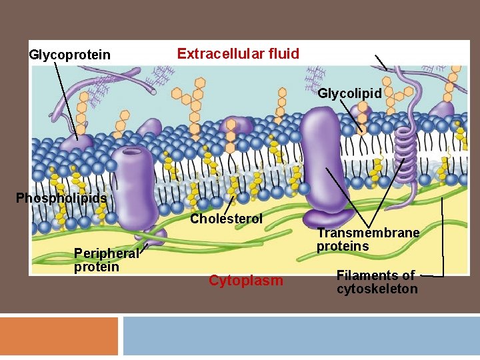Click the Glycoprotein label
[x=70, y=55]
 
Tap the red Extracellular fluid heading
[x=238, y=53]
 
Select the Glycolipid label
[x=349, y=93]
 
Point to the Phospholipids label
[x=61, y=198]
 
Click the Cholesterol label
[x=226, y=219]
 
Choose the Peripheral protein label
[x=106, y=260]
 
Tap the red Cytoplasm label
[x=245, y=281]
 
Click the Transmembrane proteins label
[x=368, y=239]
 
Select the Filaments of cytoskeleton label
[x=377, y=282]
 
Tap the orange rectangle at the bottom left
[x=59, y=336]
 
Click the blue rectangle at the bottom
[x=301, y=336]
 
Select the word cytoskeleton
[x=377, y=289]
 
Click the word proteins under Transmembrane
[x=343, y=247]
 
